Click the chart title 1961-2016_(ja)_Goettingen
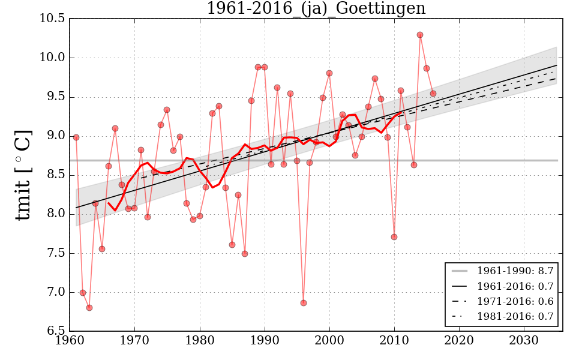point(316,9)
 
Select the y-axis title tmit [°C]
point(23,175)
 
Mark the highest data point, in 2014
point(420,35)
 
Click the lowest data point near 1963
point(89,308)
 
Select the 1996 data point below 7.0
point(304,303)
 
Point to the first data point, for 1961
point(76,137)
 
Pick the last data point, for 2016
point(433,94)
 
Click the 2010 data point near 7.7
point(394,237)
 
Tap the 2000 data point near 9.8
point(329,73)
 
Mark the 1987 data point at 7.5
point(245,254)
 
